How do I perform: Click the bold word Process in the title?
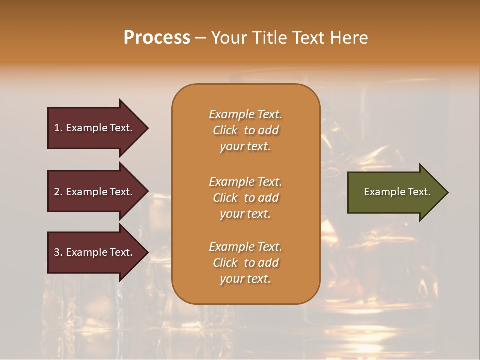pos(157,38)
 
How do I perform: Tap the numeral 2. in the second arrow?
pos(58,192)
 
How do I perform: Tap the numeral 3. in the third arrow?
pos(58,252)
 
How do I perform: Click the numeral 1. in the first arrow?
pos(58,128)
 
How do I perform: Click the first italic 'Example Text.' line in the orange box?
pos(245,114)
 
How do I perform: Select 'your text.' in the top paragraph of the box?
pos(245,146)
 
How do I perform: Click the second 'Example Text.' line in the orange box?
pos(245,182)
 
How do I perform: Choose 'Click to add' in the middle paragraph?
pos(245,198)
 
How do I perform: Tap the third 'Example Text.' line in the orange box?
pos(245,247)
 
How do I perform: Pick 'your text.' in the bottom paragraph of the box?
pos(245,279)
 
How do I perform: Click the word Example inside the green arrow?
pos(381,192)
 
